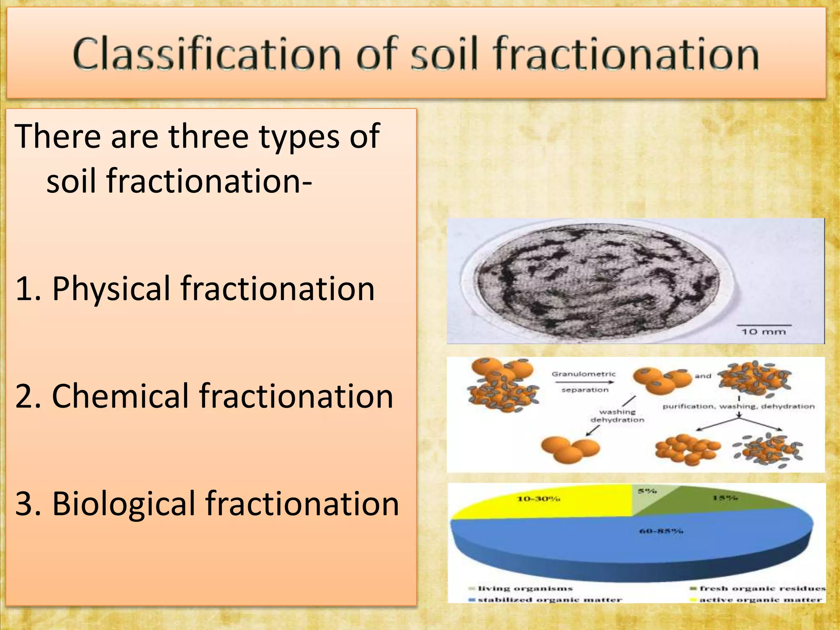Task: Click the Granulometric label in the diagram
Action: [x=583, y=374]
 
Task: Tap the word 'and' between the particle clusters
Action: [x=703, y=376]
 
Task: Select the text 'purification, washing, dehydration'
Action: [x=738, y=406]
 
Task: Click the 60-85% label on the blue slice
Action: [x=661, y=532]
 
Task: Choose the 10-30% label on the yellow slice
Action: [x=538, y=499]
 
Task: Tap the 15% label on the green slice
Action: [x=725, y=498]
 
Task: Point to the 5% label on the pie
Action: [x=647, y=491]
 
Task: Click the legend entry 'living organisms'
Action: [x=525, y=589]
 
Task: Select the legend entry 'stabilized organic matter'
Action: [x=550, y=600]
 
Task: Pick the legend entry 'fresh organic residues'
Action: [x=762, y=589]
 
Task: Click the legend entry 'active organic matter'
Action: [x=760, y=600]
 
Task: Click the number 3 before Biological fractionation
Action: [x=24, y=504]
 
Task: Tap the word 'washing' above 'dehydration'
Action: [x=617, y=412]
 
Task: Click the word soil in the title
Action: [x=445, y=54]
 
